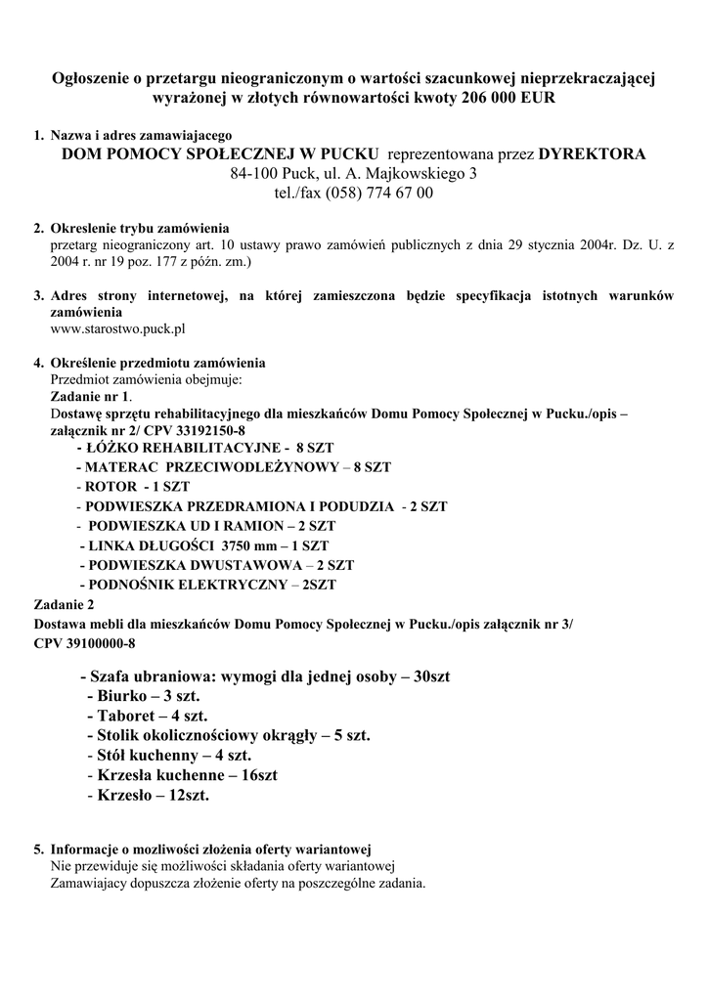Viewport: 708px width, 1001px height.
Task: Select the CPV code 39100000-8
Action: click(84, 643)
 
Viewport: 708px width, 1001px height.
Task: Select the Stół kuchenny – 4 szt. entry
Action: click(169, 756)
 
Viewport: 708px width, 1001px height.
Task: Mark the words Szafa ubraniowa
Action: click(150, 676)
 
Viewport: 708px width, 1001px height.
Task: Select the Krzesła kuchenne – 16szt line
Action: click(182, 775)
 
